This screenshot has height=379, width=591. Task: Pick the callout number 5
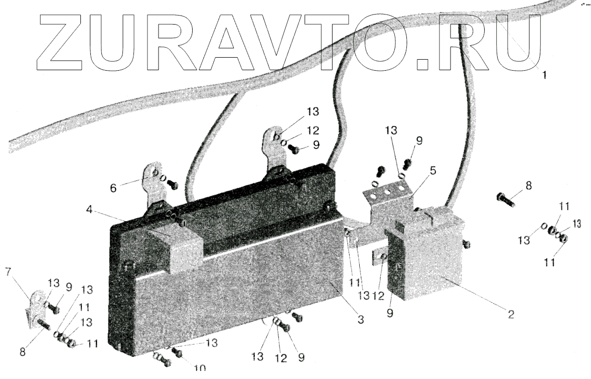click(x=432, y=170)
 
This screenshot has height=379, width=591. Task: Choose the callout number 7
click(x=8, y=273)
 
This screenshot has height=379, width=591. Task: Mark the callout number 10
click(x=199, y=368)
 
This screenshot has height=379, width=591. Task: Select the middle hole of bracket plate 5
click(x=386, y=191)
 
